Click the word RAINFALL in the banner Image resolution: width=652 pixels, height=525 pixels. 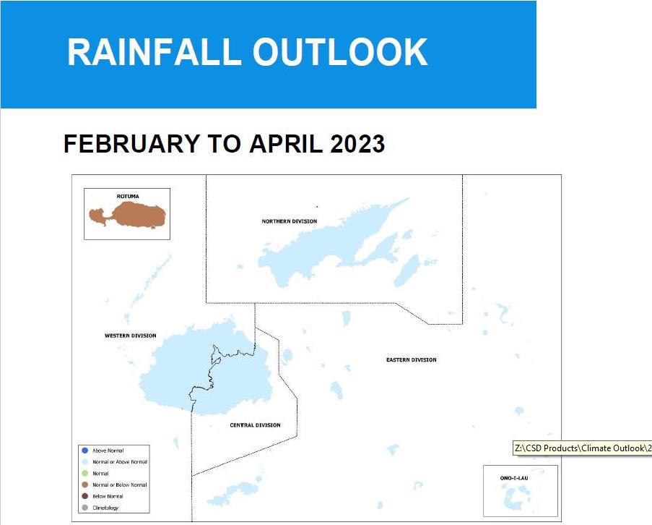(155, 52)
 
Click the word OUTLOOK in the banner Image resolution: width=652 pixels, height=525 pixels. (340, 52)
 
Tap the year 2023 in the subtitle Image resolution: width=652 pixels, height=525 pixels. (357, 144)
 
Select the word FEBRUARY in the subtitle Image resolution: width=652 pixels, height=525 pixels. (132, 144)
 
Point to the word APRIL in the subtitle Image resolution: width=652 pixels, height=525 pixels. (286, 144)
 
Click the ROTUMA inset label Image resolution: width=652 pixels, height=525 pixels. (128, 196)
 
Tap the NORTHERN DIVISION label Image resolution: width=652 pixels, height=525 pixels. (290, 221)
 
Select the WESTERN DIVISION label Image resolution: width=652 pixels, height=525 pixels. (131, 336)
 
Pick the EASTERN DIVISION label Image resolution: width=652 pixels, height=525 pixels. (412, 359)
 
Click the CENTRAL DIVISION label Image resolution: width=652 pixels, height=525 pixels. (256, 425)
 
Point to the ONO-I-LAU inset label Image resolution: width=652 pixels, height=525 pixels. (514, 478)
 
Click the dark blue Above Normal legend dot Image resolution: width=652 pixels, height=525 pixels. (84, 451)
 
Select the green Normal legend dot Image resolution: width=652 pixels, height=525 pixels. (84, 474)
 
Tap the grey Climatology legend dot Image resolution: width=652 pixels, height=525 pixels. (84, 508)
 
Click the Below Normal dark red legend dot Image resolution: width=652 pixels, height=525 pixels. (84, 496)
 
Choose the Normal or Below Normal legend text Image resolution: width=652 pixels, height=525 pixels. (120, 485)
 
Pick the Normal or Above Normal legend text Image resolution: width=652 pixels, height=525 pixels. (120, 462)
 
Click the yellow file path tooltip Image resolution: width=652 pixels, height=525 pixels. (582, 448)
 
